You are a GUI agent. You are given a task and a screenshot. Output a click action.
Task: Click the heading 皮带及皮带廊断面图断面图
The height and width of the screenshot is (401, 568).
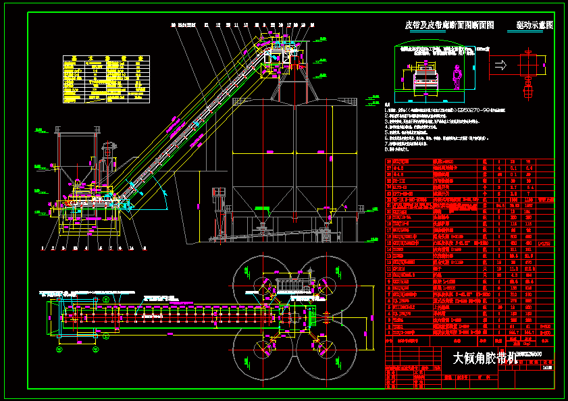[x=449, y=25]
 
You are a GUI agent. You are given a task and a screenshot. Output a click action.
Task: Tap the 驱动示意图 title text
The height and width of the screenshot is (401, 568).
[x=534, y=25]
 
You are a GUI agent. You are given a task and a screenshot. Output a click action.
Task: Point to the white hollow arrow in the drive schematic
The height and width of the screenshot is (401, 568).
[x=501, y=65]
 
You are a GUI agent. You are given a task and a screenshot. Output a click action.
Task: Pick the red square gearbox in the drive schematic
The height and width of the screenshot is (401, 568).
[x=527, y=65]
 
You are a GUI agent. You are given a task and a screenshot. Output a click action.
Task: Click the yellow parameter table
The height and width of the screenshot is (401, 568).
[x=105, y=78]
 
